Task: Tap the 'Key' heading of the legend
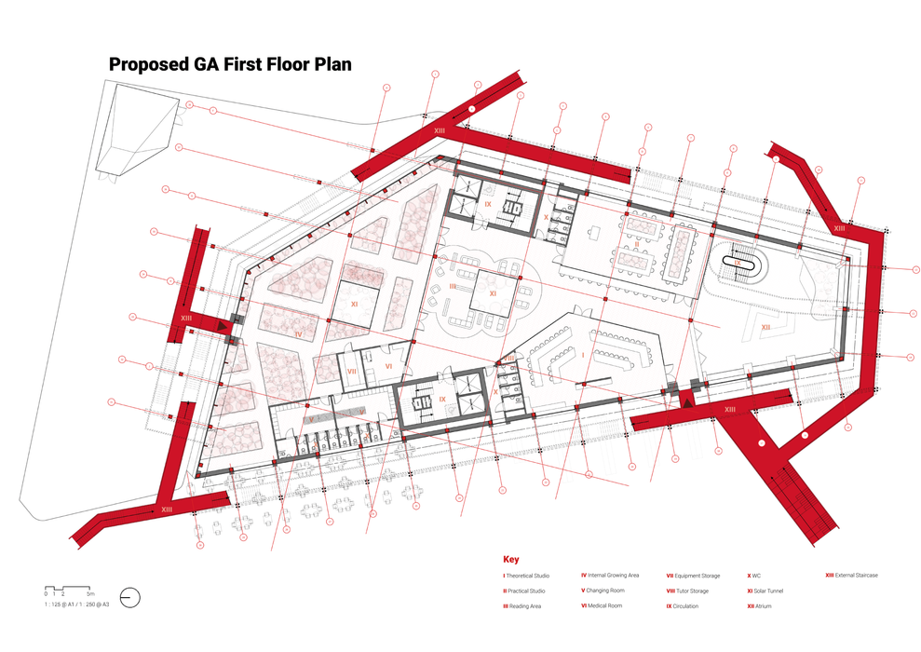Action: pos(510,560)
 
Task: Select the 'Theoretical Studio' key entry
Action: pos(527,576)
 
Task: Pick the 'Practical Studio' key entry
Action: pos(525,591)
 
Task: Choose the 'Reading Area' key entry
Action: pos(522,606)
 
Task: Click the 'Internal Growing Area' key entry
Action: pos(612,576)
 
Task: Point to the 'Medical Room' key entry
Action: pos(603,606)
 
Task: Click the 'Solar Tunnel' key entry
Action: pos(766,591)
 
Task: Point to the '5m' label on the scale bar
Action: pos(90,593)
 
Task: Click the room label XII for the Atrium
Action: pos(765,327)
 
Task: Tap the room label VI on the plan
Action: pos(389,367)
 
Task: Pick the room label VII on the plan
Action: pos(352,371)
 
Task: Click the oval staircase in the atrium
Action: pos(738,262)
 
